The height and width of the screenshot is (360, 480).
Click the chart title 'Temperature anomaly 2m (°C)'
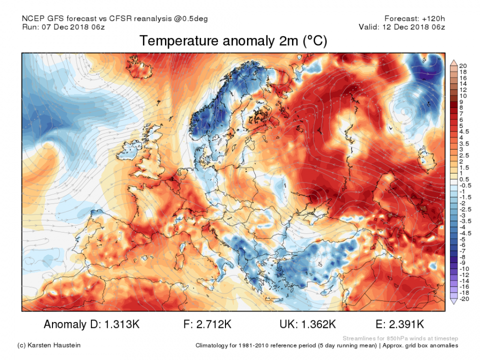pos(233,41)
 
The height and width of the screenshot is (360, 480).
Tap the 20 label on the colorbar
pos(463,65)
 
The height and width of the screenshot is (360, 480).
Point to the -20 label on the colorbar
pos(464,298)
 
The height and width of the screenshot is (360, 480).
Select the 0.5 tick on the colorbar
pos(464,179)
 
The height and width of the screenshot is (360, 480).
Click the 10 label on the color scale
pos(463,95)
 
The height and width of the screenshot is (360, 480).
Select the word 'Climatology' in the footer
pos(214,345)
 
